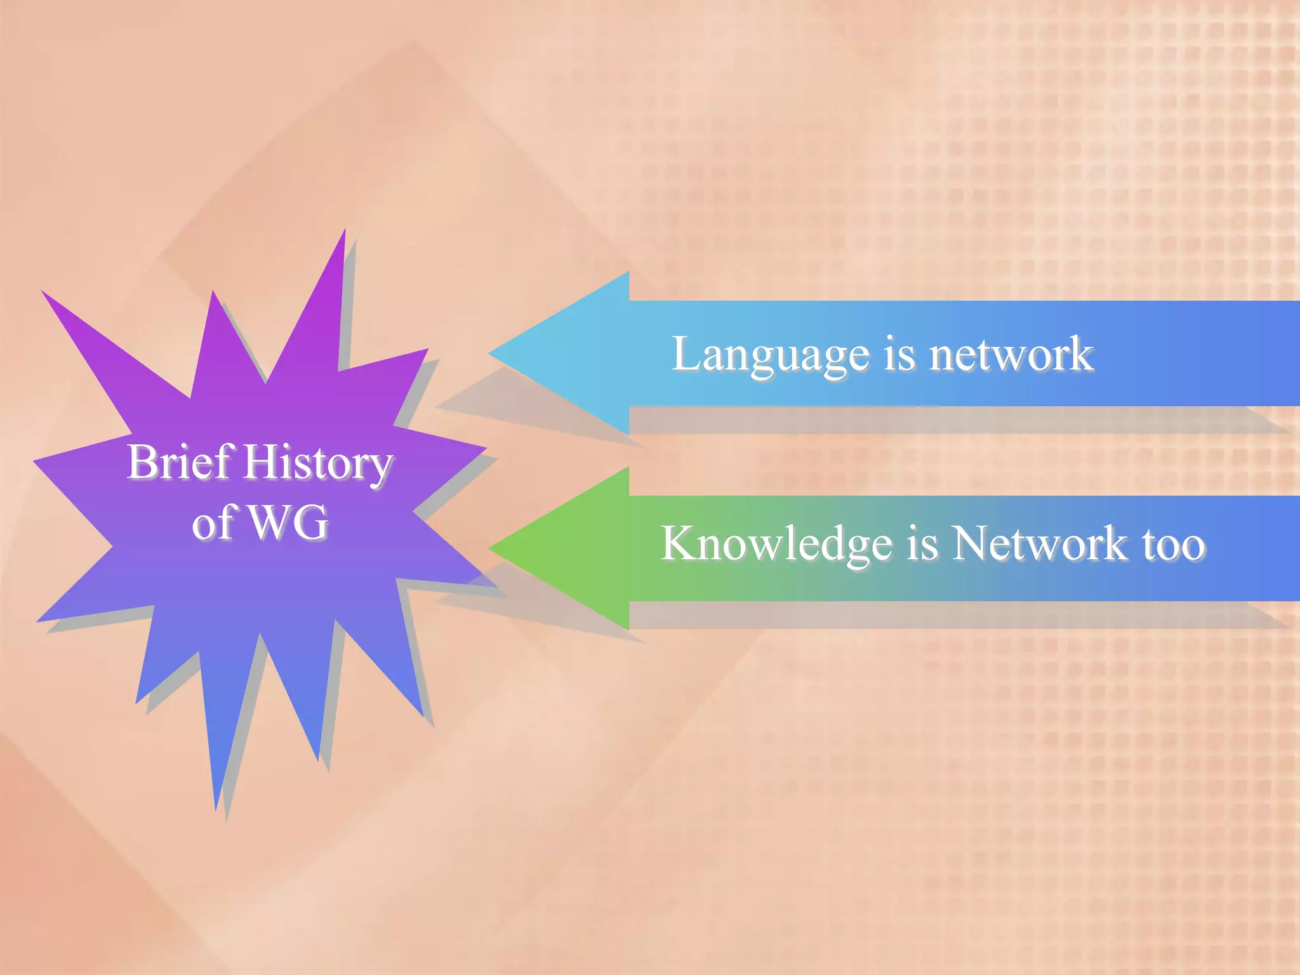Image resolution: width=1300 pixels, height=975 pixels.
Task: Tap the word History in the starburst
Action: click(319, 463)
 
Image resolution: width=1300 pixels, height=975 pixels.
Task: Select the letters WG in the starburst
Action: click(288, 522)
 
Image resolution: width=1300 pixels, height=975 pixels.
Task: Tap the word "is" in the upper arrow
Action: click(899, 354)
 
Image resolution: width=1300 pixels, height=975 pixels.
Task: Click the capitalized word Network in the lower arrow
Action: click(1039, 543)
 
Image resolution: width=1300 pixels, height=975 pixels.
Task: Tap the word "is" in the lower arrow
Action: click(922, 545)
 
